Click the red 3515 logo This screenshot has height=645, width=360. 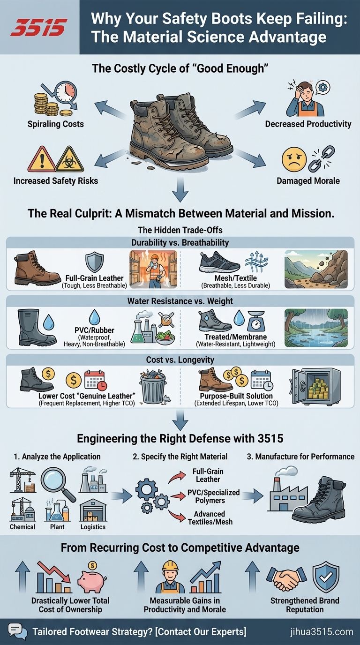click(39, 27)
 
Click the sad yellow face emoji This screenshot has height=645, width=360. click(294, 159)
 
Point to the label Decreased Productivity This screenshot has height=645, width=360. click(308, 124)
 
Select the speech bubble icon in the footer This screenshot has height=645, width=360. click(16, 630)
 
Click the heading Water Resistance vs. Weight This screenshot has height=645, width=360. click(180, 301)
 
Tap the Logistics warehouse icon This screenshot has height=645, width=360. click(92, 511)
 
